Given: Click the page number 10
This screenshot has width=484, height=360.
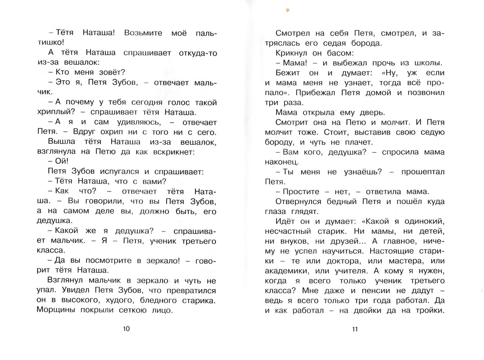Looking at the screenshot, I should (x=126, y=330).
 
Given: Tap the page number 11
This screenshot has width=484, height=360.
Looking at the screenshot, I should (x=355, y=330).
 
